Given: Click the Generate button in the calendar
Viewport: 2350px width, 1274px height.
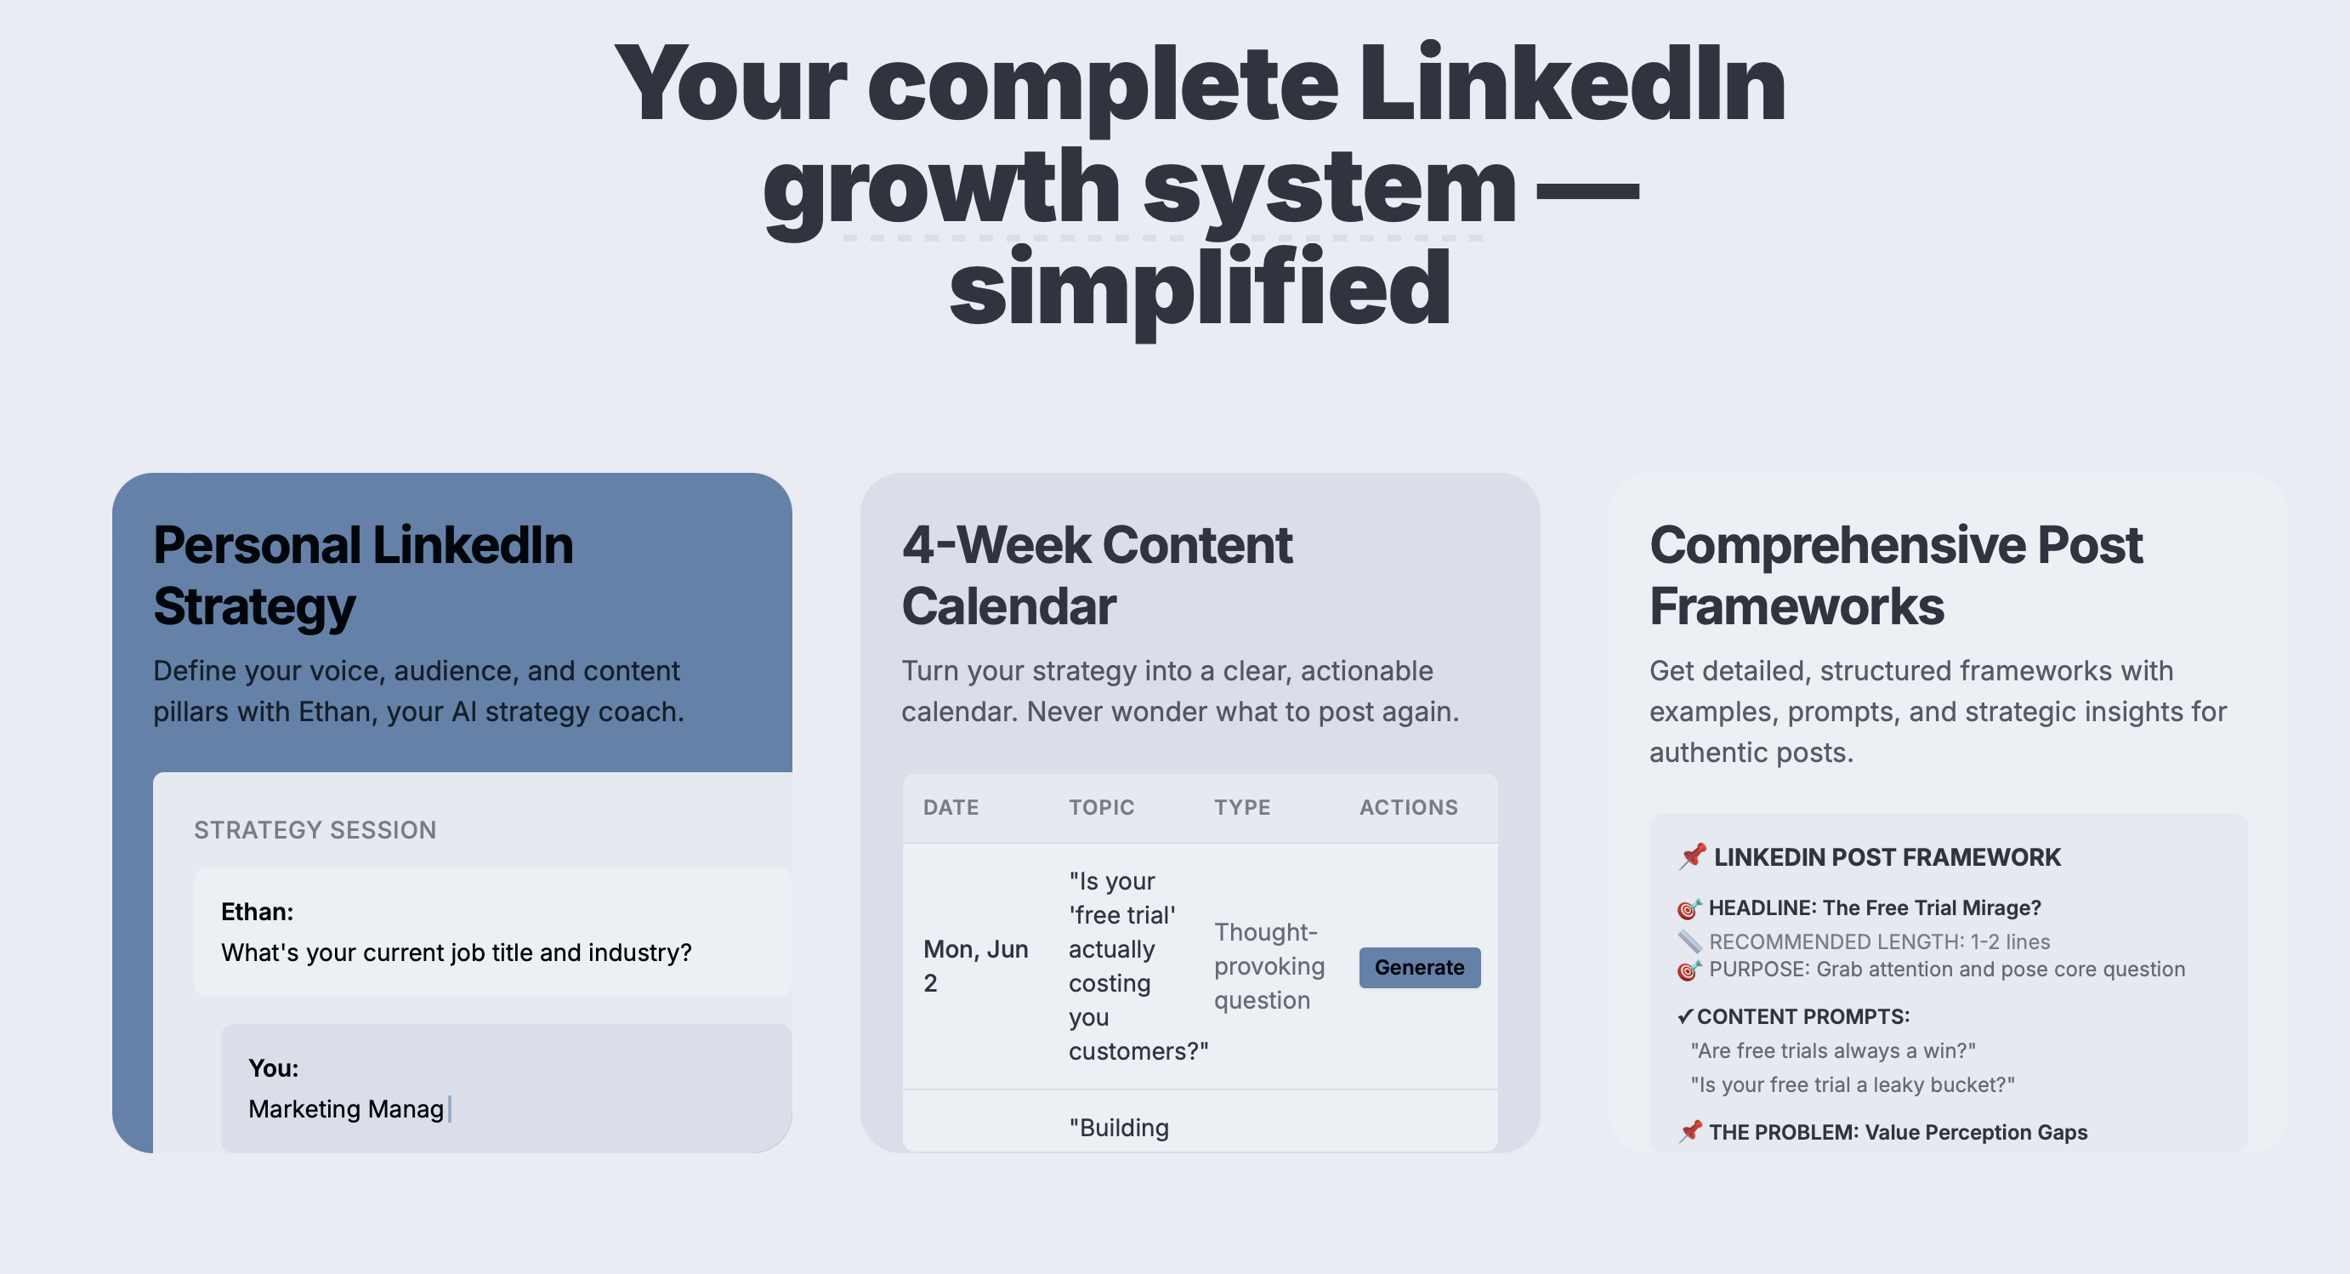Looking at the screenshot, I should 1420,967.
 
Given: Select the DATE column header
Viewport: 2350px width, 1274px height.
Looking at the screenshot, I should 951,808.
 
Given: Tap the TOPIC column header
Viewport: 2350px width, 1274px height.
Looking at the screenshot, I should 1101,808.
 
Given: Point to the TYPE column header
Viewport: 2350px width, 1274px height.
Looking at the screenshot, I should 1241,808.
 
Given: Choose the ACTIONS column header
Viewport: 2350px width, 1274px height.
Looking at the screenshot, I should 1409,808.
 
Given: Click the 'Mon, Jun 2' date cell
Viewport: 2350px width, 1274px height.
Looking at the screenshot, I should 974,965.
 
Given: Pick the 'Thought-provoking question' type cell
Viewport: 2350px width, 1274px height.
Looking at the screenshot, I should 1269,965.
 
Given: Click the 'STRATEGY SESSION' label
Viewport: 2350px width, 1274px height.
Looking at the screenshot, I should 315,829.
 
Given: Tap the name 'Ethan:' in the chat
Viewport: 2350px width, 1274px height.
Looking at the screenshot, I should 258,912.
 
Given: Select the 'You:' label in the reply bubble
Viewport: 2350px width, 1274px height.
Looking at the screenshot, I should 274,1067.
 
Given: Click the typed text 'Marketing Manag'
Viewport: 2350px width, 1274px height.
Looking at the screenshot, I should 346,1109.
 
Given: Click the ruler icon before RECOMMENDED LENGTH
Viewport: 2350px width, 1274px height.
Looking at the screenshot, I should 1689,941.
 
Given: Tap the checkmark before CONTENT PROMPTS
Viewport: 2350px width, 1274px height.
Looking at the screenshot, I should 1685,1016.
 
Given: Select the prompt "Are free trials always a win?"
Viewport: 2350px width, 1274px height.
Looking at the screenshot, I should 1833,1050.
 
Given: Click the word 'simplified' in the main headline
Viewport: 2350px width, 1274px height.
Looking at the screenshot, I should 1200,288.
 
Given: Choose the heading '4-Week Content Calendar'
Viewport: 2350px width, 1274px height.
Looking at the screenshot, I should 1097,575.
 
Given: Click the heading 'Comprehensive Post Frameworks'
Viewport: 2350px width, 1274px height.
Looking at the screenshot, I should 1895,575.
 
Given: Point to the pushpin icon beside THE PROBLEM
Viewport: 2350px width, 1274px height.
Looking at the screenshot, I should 1690,1132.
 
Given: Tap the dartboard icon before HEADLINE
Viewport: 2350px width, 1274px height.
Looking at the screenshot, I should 1689,909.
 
